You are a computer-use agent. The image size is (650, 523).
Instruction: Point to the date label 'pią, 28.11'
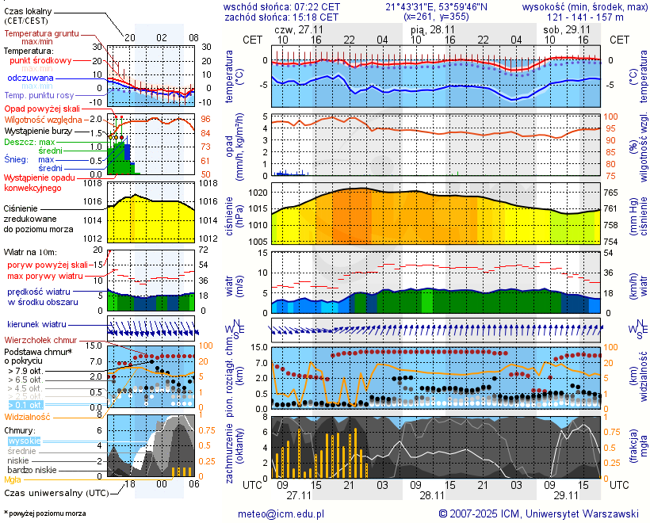coord(430,29)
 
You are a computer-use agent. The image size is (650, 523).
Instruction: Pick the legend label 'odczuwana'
coord(30,78)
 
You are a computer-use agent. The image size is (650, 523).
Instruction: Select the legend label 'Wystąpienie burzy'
coord(37,129)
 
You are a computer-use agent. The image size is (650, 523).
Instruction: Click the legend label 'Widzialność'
coord(28,416)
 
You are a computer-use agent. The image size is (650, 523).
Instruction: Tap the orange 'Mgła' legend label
coord(13,479)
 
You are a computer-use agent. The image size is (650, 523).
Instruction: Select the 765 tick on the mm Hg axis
coord(613,193)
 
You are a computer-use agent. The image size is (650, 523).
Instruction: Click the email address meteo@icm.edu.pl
coord(281,513)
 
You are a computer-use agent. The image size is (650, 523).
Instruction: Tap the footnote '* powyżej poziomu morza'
coord(44,513)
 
